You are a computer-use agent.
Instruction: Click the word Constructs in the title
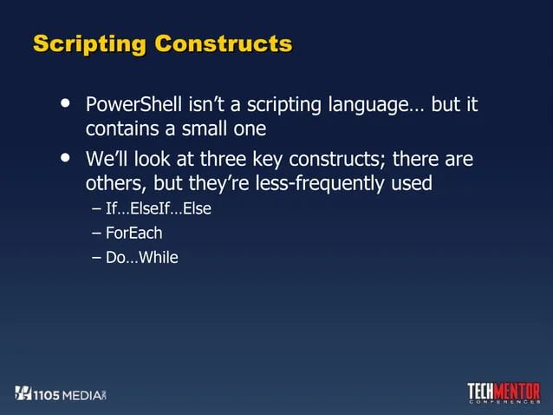(223, 43)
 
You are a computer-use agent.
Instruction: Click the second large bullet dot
(63, 158)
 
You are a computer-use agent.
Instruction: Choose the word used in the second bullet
(413, 184)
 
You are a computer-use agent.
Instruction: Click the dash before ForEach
(95, 233)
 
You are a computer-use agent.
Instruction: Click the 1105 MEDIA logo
(60, 393)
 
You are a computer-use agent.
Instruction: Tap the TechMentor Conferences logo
(504, 393)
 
